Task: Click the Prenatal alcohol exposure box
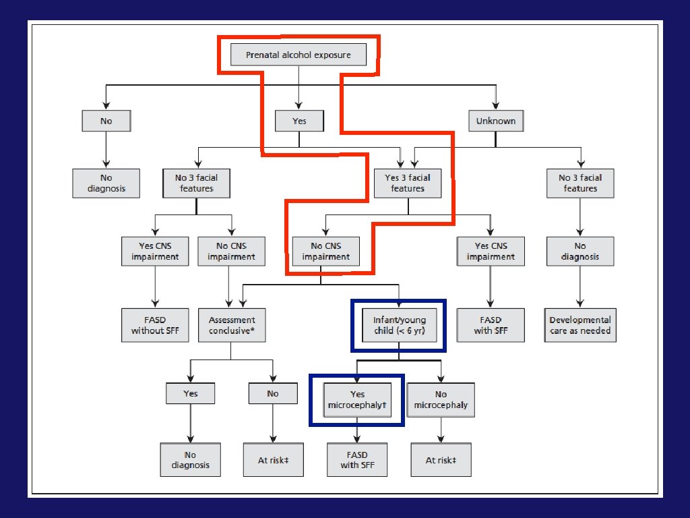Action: click(299, 55)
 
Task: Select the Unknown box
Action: click(496, 121)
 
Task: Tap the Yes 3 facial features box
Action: click(407, 183)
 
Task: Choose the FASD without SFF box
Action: click(156, 325)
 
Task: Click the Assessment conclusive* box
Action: click(231, 325)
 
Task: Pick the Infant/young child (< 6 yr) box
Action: click(399, 325)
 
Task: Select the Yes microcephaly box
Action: click(357, 400)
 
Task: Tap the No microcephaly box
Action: click(441, 400)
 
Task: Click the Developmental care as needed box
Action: click(579, 325)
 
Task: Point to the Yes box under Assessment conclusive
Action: click(191, 393)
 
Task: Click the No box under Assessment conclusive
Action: click(273, 393)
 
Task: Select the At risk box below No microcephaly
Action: click(441, 460)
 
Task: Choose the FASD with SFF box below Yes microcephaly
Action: click(357, 460)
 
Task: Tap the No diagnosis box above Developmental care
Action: click(579, 251)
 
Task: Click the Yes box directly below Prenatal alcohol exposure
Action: click(299, 121)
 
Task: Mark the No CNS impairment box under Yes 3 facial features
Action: click(325, 251)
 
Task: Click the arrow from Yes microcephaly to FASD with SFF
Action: click(357, 430)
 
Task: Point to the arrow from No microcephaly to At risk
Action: click(441, 430)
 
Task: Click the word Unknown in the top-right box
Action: click(496, 121)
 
